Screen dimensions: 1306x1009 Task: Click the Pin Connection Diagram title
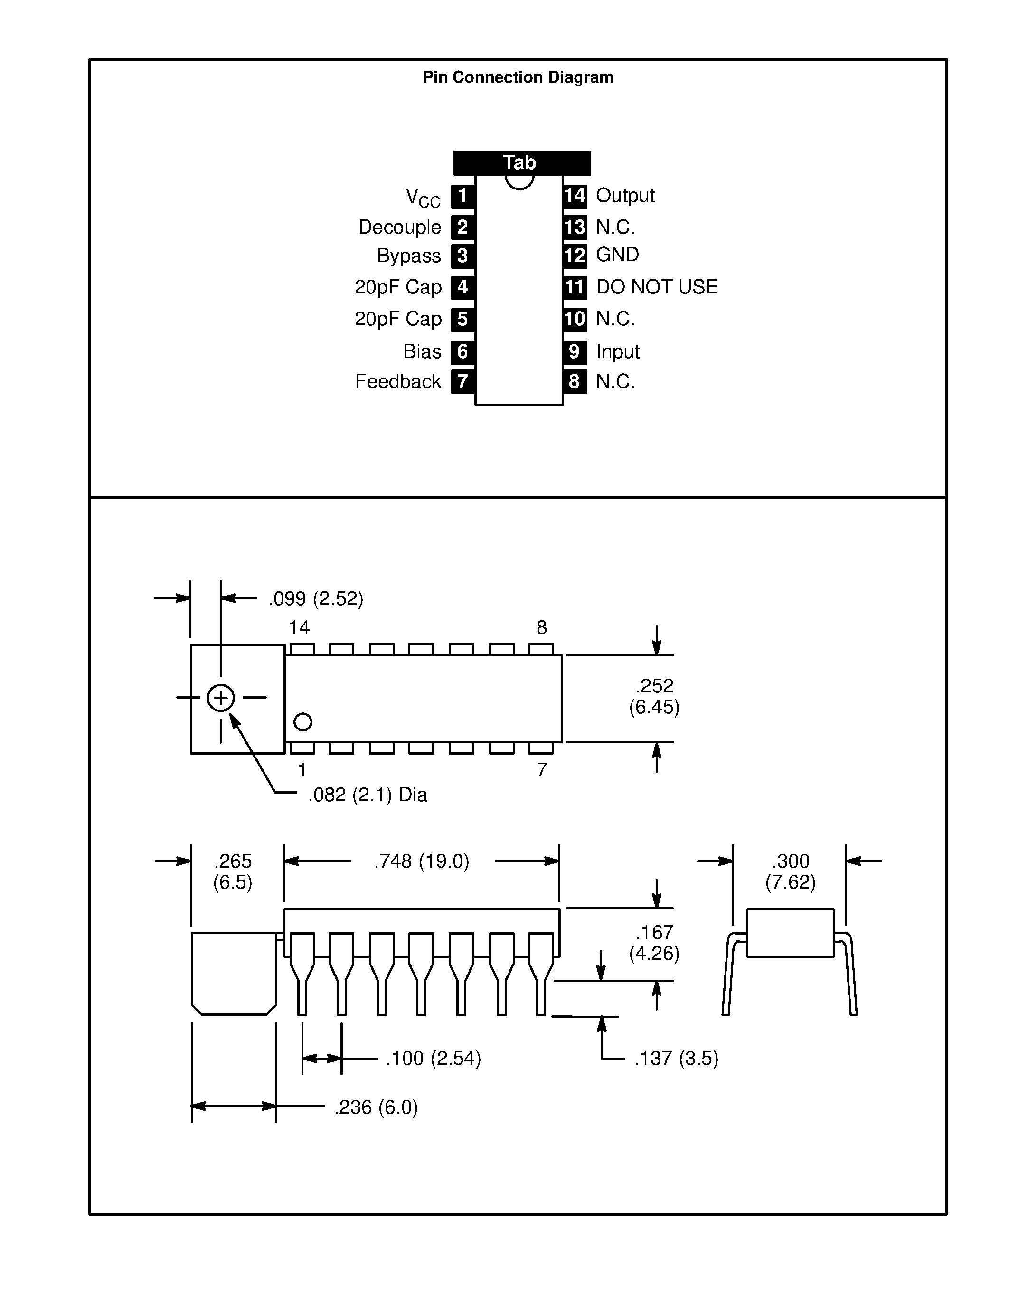(518, 77)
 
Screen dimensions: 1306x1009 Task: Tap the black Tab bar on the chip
(521, 162)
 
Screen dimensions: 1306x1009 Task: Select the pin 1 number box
(462, 196)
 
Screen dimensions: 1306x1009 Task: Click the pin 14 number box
(575, 196)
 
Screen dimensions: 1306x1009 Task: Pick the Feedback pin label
(397, 381)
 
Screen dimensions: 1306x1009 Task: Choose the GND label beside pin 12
(617, 255)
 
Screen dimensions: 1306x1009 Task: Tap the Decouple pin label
(399, 227)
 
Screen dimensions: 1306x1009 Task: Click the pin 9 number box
(575, 351)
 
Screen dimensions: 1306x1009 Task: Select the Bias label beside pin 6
(422, 351)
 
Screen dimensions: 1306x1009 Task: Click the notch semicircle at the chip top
(519, 182)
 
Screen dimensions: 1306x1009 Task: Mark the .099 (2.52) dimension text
(316, 598)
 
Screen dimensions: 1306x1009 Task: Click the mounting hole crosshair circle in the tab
(221, 698)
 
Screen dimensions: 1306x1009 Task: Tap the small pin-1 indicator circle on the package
(303, 722)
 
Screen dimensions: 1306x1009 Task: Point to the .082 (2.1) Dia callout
(367, 795)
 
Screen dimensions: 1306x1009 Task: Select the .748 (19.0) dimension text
(422, 861)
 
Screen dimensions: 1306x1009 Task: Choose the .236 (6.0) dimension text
(376, 1107)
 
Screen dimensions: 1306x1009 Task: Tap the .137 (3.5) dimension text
(676, 1059)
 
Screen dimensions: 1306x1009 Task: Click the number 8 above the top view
(542, 627)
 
